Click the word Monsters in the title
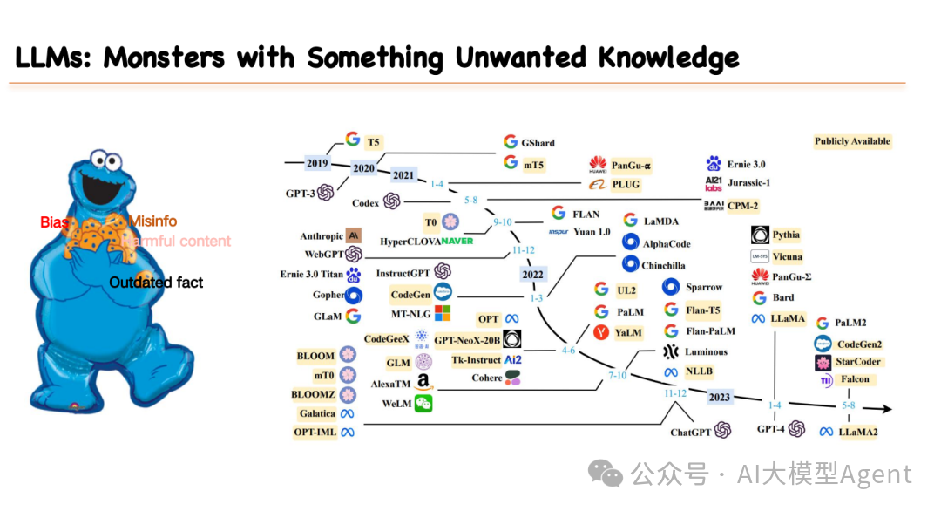point(163,58)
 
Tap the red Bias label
point(54,222)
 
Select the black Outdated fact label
point(156,282)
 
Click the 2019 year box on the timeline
point(317,163)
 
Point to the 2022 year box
point(532,274)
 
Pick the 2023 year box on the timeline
point(719,398)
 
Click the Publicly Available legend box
point(852,141)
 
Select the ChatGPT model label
point(690,432)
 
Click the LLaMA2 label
point(858,432)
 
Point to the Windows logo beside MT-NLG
point(443,313)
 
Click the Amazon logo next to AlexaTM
point(423,382)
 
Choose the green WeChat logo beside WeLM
point(423,403)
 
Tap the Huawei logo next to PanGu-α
point(598,164)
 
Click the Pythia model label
point(785,235)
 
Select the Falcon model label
point(855,379)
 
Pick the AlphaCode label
point(667,243)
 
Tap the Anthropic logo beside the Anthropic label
point(354,235)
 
